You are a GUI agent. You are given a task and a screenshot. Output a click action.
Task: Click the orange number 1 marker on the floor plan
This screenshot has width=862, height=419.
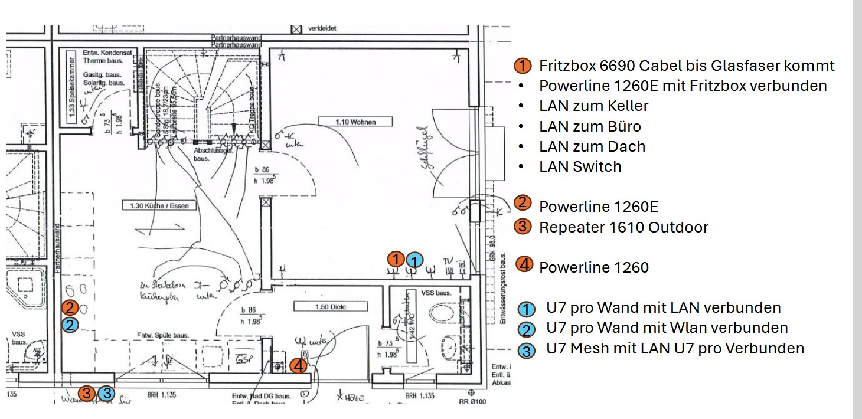click(396, 258)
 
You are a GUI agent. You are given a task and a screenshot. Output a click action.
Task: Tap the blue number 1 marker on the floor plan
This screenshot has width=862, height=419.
click(415, 260)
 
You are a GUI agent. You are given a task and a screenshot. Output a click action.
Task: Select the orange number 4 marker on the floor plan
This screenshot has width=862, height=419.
click(299, 366)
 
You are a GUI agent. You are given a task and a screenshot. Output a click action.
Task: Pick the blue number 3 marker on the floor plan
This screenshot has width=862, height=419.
click(106, 393)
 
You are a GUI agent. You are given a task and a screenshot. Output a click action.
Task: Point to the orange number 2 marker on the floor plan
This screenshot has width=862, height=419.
click(70, 307)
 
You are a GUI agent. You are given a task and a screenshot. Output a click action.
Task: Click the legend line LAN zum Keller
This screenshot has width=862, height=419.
click(593, 106)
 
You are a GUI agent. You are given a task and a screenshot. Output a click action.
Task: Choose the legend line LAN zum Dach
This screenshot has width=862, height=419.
click(592, 146)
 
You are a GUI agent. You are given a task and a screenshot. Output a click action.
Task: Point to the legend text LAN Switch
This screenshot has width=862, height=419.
click(580, 166)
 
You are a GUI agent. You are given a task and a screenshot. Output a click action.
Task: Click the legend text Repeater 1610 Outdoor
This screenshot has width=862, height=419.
click(623, 227)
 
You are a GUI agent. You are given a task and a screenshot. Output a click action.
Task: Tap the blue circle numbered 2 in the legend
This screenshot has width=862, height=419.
click(526, 329)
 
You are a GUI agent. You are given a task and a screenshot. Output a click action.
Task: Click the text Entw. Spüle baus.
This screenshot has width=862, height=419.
click(162, 335)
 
